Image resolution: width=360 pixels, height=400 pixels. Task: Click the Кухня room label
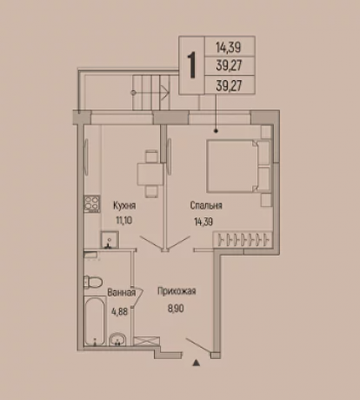[124, 206]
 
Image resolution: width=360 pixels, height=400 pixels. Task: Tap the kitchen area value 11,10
[124, 221]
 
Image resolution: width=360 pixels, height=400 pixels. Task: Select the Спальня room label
[206, 205]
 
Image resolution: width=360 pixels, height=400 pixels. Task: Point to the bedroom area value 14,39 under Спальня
[203, 222]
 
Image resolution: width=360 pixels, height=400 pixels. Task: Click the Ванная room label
[122, 292]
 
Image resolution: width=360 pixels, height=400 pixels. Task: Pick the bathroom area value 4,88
[119, 312]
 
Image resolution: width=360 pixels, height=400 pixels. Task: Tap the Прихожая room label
[177, 291]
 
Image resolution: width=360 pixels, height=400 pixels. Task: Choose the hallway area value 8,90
[176, 309]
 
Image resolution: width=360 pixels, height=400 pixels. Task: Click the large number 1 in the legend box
[191, 65]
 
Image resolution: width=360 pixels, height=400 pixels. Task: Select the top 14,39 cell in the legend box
[229, 47]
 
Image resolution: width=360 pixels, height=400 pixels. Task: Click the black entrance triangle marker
[197, 363]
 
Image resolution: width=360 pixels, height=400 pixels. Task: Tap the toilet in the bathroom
[93, 282]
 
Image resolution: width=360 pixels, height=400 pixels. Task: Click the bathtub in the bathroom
[95, 321]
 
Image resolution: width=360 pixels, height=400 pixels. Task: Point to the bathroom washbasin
[117, 339]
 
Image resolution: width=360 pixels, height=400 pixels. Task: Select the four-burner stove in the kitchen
[92, 203]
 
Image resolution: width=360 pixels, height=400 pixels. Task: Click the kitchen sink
[110, 240]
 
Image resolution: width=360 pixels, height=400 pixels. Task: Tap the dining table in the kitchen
[150, 174]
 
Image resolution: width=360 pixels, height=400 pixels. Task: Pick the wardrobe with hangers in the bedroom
[243, 240]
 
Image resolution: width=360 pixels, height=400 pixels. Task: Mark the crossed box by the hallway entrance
[147, 341]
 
